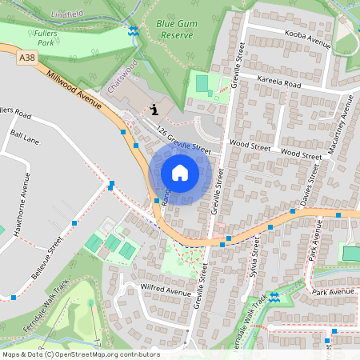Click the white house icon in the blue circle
point(180,173)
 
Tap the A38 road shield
point(27,58)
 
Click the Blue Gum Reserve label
point(176,30)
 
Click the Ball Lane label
point(26,138)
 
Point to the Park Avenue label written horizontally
point(333,293)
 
